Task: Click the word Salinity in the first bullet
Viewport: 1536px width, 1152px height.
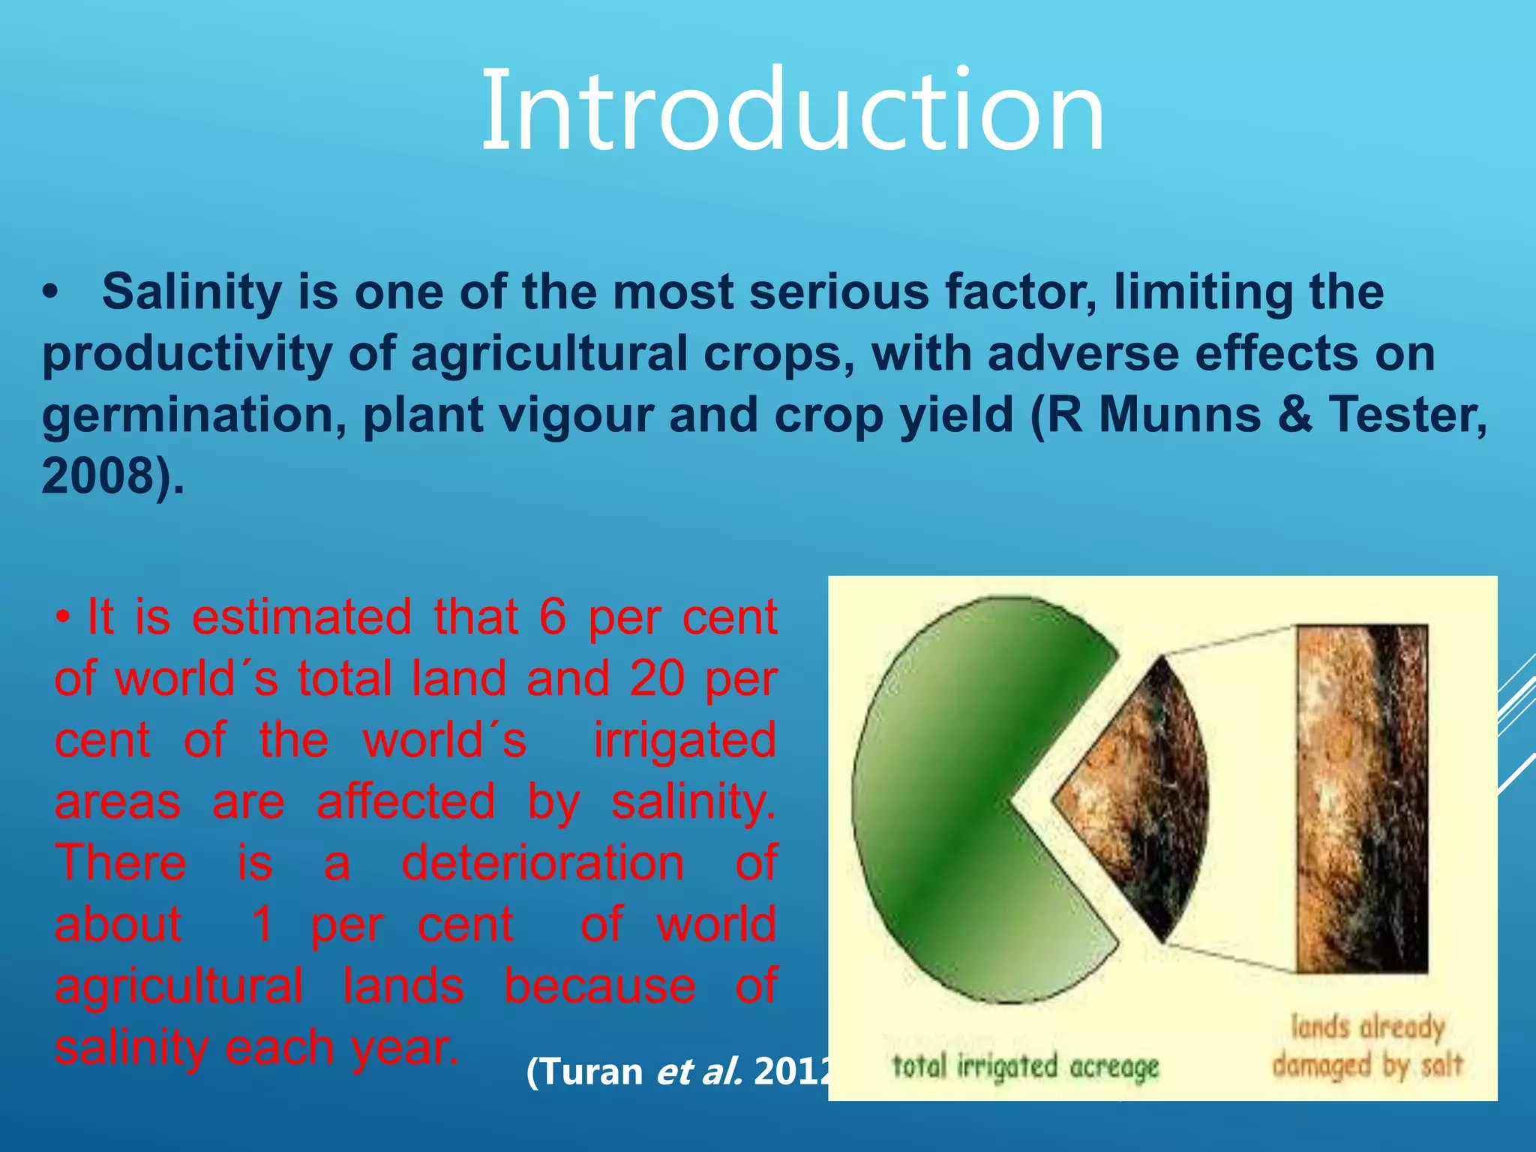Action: pyautogui.click(x=191, y=292)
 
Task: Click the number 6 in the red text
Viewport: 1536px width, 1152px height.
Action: pyautogui.click(x=552, y=617)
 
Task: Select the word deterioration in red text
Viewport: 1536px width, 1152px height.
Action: pyautogui.click(x=542, y=863)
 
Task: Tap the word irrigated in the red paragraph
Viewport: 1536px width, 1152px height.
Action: pyautogui.click(x=685, y=740)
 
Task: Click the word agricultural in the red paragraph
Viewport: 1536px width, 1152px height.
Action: pyautogui.click(x=178, y=986)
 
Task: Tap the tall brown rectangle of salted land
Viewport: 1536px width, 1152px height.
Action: pyautogui.click(x=1361, y=799)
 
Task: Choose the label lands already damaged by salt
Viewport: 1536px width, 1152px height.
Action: pyautogui.click(x=1366, y=1046)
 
